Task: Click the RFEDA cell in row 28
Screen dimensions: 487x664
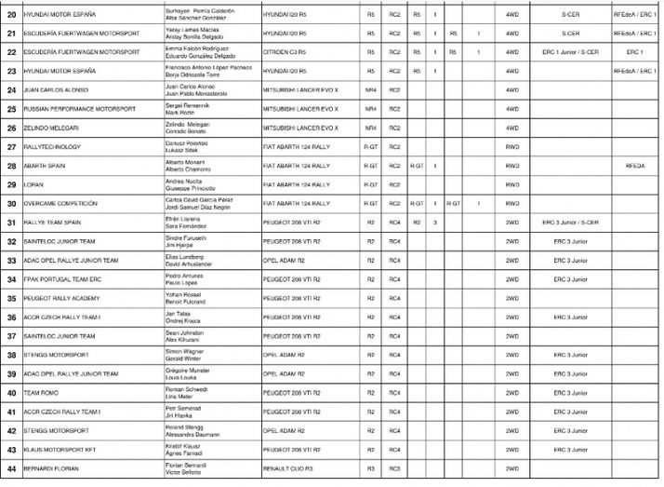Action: [x=635, y=165]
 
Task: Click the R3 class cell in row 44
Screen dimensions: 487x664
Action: [x=370, y=469]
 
